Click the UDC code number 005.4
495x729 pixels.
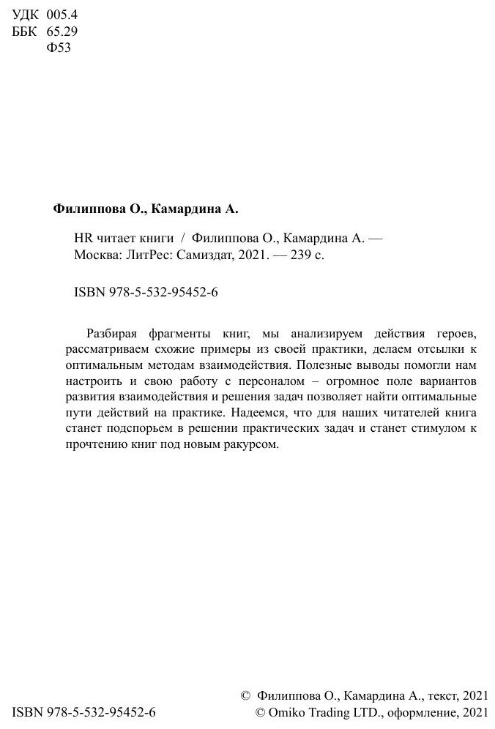62,15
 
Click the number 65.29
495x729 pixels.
62,31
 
